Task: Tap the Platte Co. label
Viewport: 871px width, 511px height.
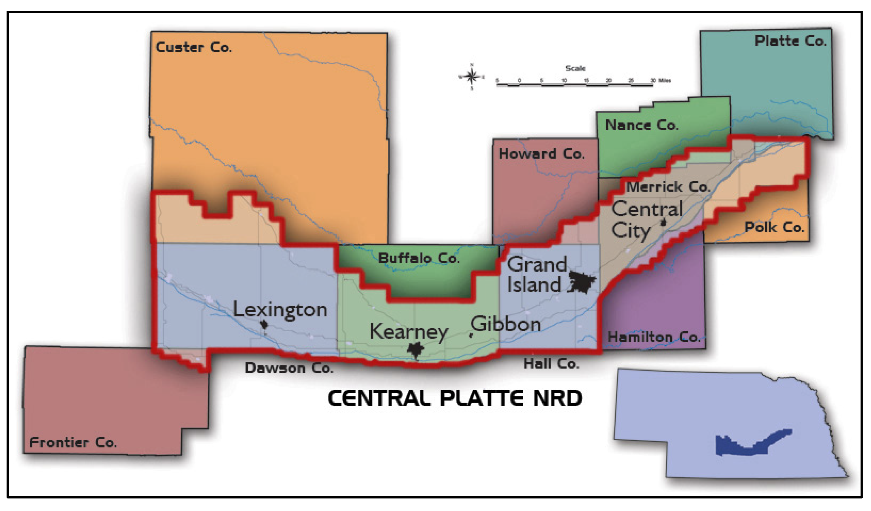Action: click(790, 41)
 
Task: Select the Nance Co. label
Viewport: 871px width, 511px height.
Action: click(641, 125)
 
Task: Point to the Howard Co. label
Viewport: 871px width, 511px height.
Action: click(541, 154)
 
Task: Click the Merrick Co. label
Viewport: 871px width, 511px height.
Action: click(668, 187)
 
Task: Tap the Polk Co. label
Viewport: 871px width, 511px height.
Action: click(774, 227)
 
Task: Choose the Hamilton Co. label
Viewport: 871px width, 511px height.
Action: click(654, 337)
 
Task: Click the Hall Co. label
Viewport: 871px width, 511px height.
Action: click(551, 364)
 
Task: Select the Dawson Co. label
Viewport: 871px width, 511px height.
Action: click(289, 368)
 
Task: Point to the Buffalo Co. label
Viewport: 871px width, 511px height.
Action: click(419, 258)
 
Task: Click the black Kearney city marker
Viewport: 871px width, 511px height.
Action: click(415, 350)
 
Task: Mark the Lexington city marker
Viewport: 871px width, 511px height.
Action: click(264, 325)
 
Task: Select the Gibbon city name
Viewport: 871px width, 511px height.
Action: click(506, 324)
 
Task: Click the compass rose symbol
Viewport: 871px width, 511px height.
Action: click(471, 77)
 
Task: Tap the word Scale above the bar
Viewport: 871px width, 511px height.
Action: click(575, 68)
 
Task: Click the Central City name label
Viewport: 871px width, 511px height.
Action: click(646, 220)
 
